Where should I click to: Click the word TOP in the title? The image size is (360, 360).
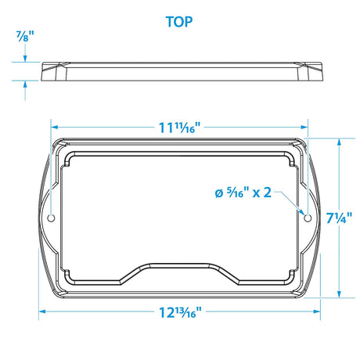[x=179, y=21]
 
